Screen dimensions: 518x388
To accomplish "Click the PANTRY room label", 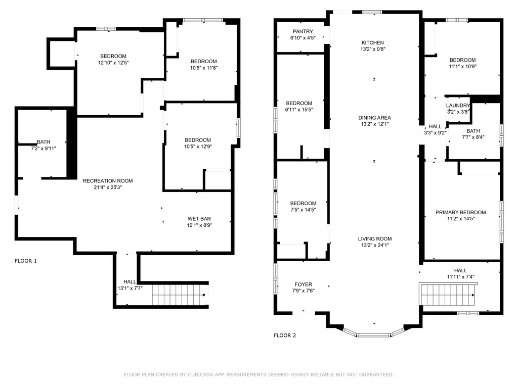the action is (x=303, y=31).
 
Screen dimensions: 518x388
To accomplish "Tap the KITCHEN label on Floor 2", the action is (x=373, y=42).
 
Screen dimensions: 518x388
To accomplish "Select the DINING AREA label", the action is (x=375, y=117).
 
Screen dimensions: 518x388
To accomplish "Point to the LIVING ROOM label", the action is (x=375, y=238).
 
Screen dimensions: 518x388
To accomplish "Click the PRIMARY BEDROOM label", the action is (x=460, y=212).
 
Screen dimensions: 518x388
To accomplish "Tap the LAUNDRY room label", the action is (x=458, y=105).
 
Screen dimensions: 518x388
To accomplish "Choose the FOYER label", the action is (x=304, y=284).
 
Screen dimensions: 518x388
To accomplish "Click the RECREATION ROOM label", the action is (x=108, y=181).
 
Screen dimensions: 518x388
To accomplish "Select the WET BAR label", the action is (x=199, y=218).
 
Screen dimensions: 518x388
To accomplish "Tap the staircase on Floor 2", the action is (x=447, y=295).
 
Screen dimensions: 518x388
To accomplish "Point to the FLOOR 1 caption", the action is (x=26, y=261).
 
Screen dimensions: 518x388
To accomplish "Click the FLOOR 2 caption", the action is (x=285, y=335).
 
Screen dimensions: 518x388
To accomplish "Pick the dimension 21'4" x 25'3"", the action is (x=108, y=187).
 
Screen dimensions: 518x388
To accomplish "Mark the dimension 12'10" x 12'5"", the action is (x=113, y=63).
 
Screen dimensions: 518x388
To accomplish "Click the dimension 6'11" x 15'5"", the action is (x=299, y=110).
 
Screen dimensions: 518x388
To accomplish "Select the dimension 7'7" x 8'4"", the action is (x=473, y=137).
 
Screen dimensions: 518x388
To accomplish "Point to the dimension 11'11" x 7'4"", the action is (x=460, y=277).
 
